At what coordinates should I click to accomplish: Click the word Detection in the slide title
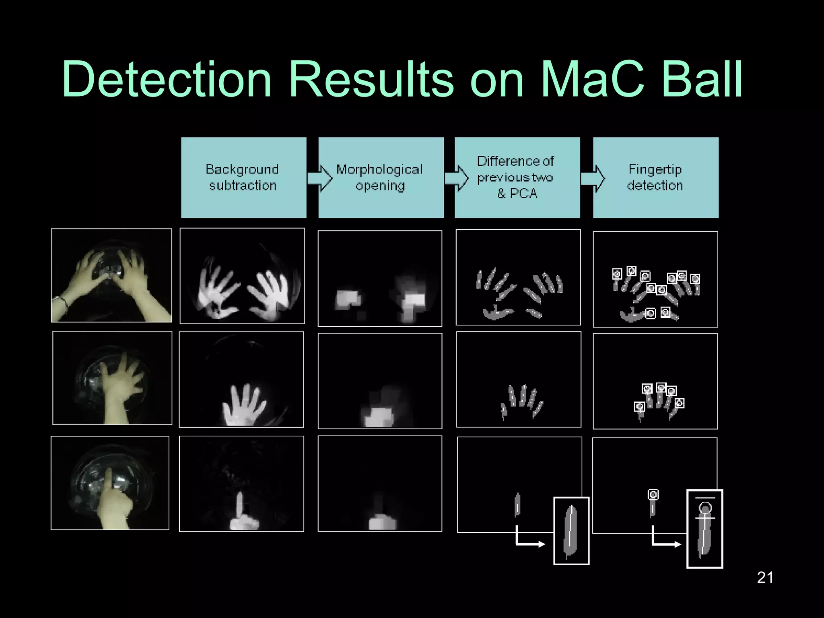(167, 79)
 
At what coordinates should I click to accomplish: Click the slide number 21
(765, 578)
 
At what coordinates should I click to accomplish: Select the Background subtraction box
(243, 177)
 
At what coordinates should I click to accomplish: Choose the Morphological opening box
(381, 177)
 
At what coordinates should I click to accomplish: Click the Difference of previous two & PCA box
(517, 177)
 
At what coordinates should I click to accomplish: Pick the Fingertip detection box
(655, 177)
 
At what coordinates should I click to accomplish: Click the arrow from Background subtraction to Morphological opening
(320, 178)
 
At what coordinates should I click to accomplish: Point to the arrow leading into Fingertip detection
(593, 178)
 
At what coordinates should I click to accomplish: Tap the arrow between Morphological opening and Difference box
(457, 178)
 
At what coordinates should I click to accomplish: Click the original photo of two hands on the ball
(111, 276)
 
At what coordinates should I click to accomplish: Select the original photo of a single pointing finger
(110, 483)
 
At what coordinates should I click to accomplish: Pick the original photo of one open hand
(112, 378)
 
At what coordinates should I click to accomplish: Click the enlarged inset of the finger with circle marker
(705, 529)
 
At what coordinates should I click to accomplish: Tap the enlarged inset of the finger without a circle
(571, 531)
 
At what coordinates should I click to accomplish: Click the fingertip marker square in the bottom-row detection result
(653, 494)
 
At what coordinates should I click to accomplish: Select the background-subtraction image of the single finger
(241, 484)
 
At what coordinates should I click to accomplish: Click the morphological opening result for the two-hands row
(380, 278)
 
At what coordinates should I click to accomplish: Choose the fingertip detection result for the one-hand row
(655, 381)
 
